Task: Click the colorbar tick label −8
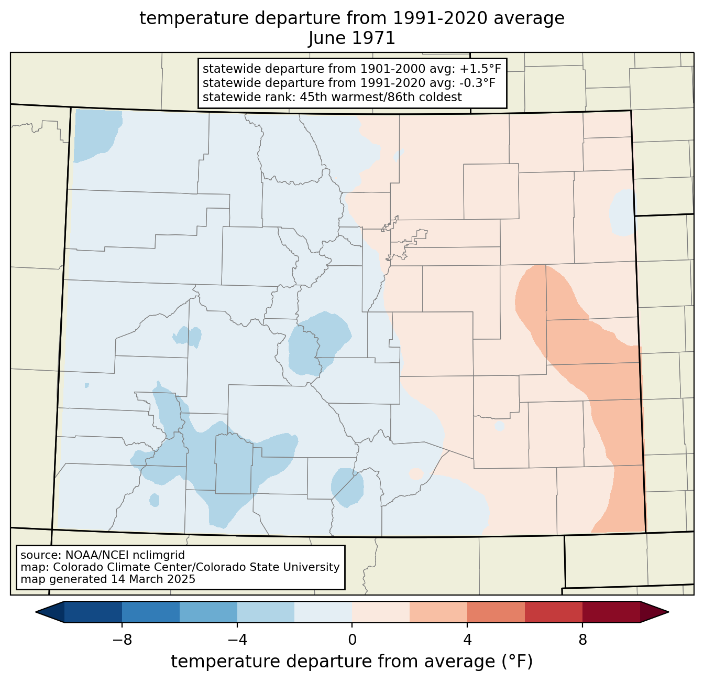(122, 641)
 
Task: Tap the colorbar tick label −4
(237, 641)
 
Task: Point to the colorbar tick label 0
(352, 641)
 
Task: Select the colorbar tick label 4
(467, 641)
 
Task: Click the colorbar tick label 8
(582, 641)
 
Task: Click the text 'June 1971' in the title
(351, 38)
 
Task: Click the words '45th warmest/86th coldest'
(381, 97)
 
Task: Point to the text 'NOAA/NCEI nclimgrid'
(125, 555)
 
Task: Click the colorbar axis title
(351, 662)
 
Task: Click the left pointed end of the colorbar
(36, 612)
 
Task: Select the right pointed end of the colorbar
(668, 612)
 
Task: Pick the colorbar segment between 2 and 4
(438, 612)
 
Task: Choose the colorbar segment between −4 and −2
(266, 612)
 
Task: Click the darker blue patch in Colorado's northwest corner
(96, 134)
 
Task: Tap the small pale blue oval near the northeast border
(622, 212)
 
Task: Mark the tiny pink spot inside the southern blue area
(416, 473)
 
